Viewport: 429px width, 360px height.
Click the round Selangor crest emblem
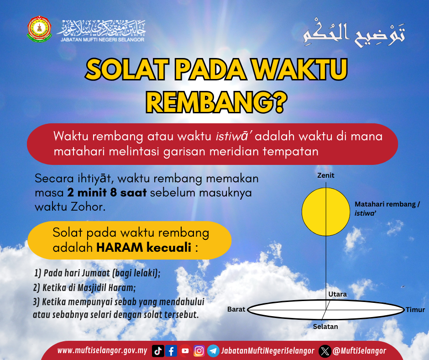click(x=39, y=29)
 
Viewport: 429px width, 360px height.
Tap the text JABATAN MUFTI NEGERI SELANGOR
click(x=103, y=40)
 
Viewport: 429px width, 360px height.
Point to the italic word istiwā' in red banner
click(x=233, y=136)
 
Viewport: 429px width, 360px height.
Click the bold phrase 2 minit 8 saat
click(x=107, y=193)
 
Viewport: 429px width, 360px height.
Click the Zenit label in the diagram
click(x=325, y=175)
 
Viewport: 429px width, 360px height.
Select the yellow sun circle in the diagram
click(x=325, y=212)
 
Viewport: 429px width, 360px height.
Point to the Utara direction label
click(x=337, y=294)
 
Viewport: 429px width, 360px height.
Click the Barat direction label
click(x=236, y=309)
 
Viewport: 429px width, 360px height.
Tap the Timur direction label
click(x=415, y=310)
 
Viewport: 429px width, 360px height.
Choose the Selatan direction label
click(x=325, y=327)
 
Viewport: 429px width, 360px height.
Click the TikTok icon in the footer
click(x=158, y=351)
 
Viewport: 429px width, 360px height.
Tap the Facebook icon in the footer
click(x=171, y=351)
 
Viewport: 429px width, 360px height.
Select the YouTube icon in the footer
click(x=185, y=351)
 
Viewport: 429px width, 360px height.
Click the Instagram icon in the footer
click(x=199, y=351)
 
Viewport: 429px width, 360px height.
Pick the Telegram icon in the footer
click(x=213, y=351)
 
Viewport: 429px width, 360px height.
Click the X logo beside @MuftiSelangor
click(x=325, y=351)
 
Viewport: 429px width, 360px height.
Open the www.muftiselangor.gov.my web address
click(x=102, y=351)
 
